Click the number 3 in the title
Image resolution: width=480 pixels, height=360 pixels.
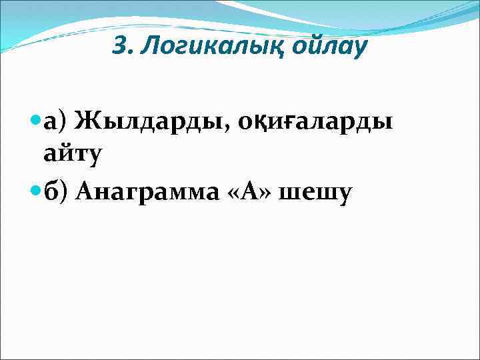pyautogui.click(x=120, y=46)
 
